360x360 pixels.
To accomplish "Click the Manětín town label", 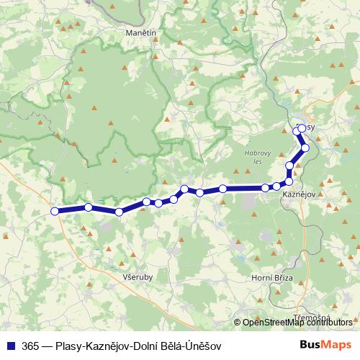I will point(140,34).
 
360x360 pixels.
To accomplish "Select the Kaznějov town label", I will point(297,195).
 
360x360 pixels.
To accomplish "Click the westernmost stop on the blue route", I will point(55,211).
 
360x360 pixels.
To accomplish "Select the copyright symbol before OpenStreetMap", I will point(238,323).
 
